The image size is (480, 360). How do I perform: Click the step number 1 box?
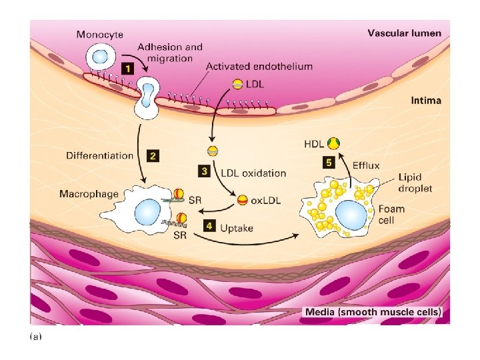pos(126,67)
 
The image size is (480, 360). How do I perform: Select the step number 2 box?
pos(153,155)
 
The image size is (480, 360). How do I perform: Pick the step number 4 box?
pos(209,226)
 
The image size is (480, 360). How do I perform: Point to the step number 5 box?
pos(328,162)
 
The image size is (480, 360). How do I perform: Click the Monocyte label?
pos(99,35)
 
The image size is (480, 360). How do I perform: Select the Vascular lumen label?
pos(404,33)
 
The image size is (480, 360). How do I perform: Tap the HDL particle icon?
pos(333,143)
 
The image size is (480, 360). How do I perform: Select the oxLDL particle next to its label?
pos(243,199)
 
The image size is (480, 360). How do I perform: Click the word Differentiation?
pos(100,155)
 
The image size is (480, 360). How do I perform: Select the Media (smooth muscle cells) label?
pos(373,312)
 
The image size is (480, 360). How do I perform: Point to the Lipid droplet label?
pos(415,183)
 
